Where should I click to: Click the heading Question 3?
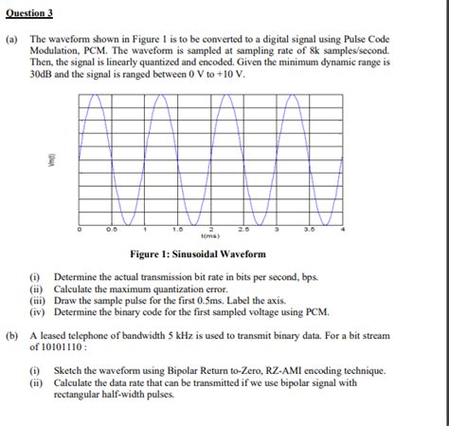pos(29,13)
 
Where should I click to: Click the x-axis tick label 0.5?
pos(112,230)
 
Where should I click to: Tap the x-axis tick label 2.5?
pos(243,230)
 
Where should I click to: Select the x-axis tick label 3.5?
pos(310,230)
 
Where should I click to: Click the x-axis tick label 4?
pos(344,230)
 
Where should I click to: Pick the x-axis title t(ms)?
pos(210,236)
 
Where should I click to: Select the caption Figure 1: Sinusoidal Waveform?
pos(198,255)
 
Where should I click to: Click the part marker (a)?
pos(12,42)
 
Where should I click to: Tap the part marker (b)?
pos(12,336)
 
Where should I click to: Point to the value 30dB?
pos(42,73)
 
